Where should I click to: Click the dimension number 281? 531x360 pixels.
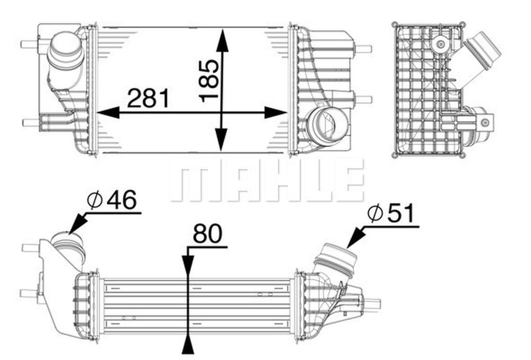149,98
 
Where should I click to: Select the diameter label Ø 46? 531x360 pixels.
112,201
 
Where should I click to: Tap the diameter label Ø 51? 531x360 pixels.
391,214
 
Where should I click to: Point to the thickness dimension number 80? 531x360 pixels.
207,234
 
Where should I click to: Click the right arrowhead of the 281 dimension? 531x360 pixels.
275,112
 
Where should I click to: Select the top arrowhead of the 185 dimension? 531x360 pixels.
222,41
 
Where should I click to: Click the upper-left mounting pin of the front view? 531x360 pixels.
29,44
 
